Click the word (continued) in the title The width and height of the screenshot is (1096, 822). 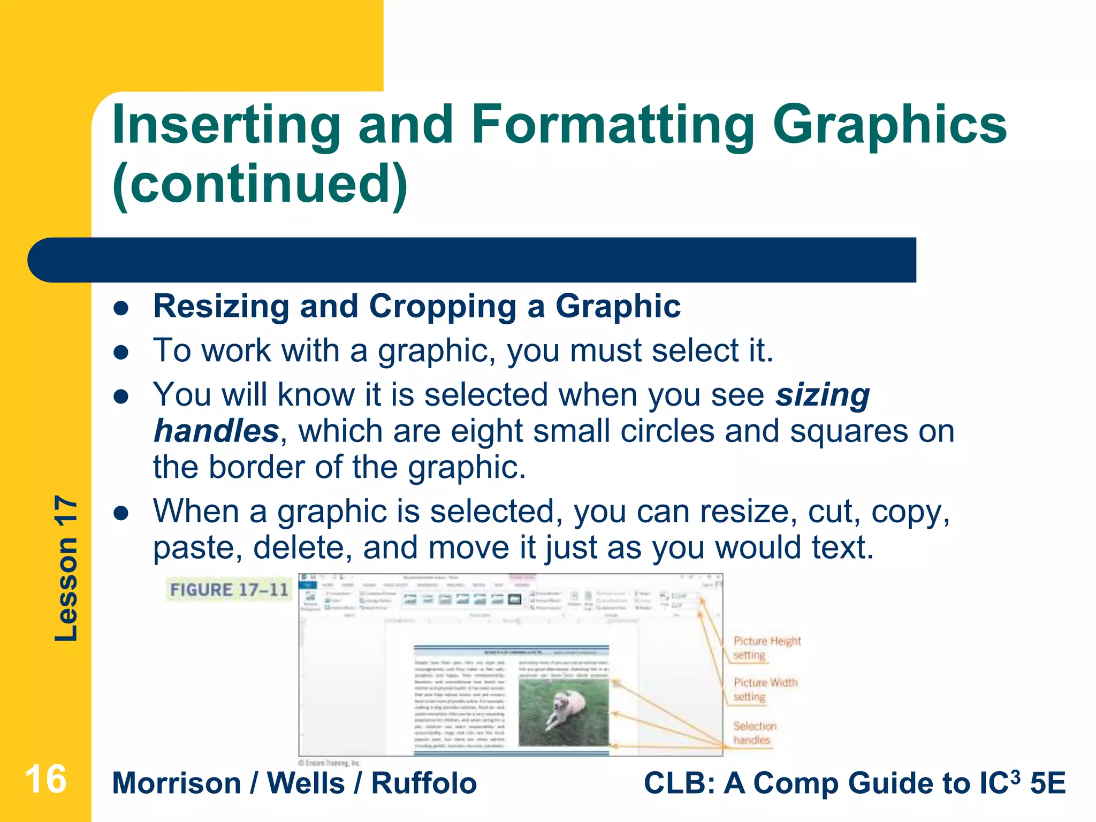click(260, 184)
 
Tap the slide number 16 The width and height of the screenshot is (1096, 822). click(45, 779)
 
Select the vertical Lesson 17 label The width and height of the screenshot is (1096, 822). click(66, 568)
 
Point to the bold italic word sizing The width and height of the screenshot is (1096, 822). click(823, 395)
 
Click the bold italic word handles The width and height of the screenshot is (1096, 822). click(216, 431)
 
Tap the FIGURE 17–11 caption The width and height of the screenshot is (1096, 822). click(229, 590)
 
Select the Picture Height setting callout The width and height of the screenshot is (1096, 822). click(766, 648)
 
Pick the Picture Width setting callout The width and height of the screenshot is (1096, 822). click(765, 689)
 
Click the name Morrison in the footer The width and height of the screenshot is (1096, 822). click(177, 783)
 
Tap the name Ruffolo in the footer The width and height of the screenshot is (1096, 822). click(424, 783)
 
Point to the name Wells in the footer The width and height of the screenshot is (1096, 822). click(306, 783)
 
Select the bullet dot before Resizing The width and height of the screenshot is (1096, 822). click(121, 308)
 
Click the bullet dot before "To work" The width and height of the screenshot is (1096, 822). click(121, 353)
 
